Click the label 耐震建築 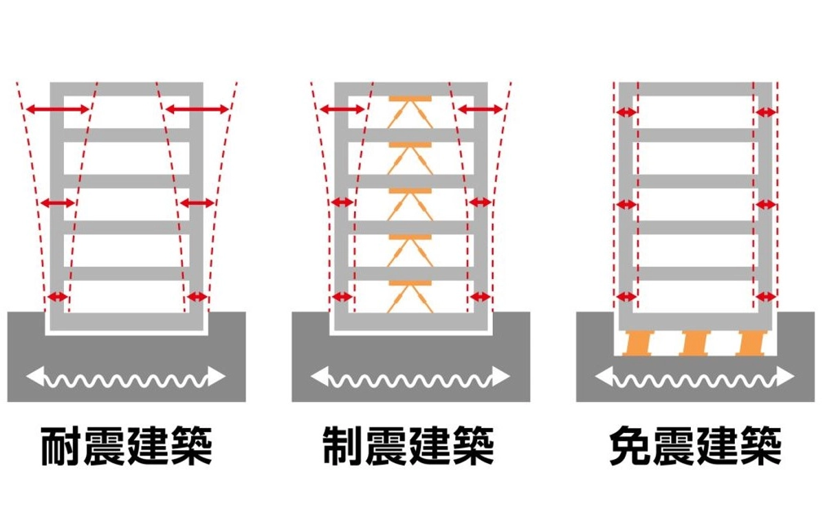[126, 447]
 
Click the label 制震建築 [410, 447]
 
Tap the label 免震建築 [696, 447]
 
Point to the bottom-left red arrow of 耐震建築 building [58, 297]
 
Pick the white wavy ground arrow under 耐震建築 [126, 377]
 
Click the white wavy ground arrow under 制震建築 [410, 377]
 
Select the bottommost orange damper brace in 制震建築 [410, 296]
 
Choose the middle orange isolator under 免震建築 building [695, 343]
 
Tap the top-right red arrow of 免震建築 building [765, 112]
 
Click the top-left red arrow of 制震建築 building [342, 109]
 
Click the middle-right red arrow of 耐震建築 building [197, 203]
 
